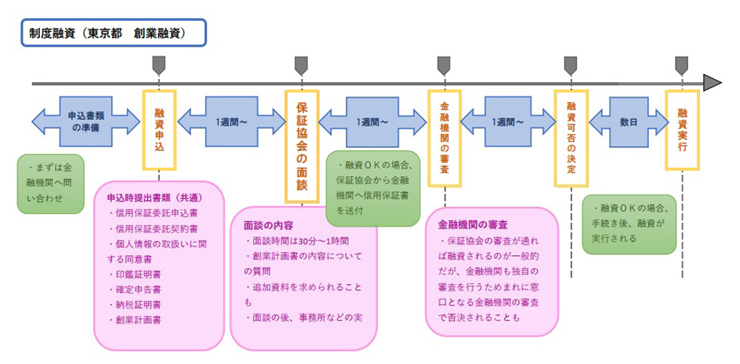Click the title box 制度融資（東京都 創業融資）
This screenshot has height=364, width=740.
pyautogui.click(x=114, y=33)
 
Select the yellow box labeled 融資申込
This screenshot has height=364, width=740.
pyautogui.click(x=159, y=129)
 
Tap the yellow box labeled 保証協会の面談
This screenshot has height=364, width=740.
pyautogui.click(x=302, y=146)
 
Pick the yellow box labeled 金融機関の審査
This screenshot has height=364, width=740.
pyautogui.click(x=445, y=138)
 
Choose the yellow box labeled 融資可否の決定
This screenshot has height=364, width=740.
pyautogui.click(x=571, y=138)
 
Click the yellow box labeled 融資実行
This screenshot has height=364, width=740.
pyautogui.click(x=682, y=129)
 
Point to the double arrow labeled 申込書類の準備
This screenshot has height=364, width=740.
pyautogui.click(x=86, y=121)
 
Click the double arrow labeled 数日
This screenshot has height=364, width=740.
pyautogui.click(x=628, y=121)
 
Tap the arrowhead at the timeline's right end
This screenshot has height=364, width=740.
pyautogui.click(x=713, y=83)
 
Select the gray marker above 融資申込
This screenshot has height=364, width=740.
pyautogui.click(x=159, y=65)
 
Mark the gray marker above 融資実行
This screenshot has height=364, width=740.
pyautogui.click(x=681, y=65)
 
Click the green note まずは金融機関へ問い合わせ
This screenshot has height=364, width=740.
pyautogui.click(x=50, y=183)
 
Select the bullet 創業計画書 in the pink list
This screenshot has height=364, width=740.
pyautogui.click(x=135, y=320)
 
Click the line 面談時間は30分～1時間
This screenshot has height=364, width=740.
pyautogui.click(x=297, y=240)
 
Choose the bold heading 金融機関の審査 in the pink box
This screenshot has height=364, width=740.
pyautogui.click(x=473, y=224)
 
